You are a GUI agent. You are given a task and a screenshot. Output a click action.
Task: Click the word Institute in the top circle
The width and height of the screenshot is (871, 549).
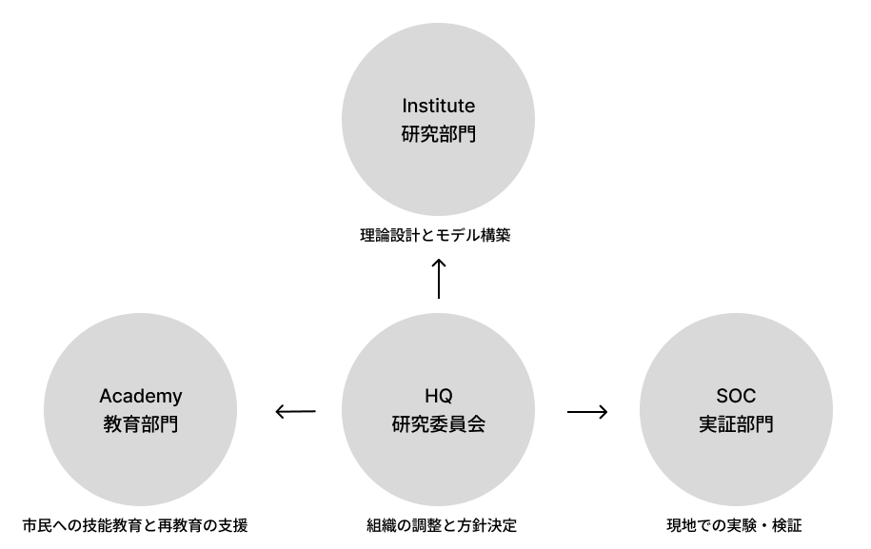point(438,105)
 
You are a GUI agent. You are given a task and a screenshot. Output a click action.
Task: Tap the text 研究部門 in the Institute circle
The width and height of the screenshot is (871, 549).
point(438,134)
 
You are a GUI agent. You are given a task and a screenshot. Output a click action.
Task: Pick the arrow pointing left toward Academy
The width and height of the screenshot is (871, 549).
point(294,412)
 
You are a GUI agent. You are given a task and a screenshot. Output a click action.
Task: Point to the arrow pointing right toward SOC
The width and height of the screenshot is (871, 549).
point(586,412)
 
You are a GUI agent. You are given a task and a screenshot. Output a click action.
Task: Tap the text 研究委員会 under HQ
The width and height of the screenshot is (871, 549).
point(438,425)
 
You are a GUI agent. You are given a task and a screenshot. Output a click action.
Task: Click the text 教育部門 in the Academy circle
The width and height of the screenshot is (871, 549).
point(141,425)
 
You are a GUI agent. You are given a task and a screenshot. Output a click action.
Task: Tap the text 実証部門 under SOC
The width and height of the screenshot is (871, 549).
point(735,425)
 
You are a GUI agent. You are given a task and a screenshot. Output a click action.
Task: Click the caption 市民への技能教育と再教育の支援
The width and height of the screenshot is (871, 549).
point(135,524)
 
